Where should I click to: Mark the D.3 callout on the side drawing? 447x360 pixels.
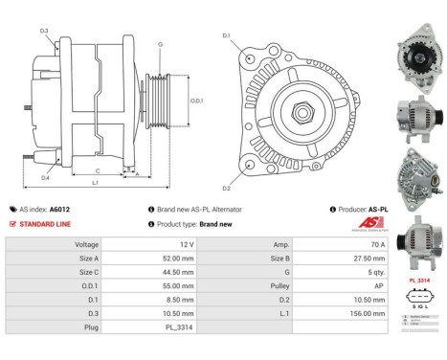(x=44, y=32)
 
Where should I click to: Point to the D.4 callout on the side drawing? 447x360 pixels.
(x=45, y=178)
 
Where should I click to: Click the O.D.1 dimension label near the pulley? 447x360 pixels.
(x=196, y=101)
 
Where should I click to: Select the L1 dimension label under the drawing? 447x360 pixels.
(x=96, y=181)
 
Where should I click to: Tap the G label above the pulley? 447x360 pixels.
(x=160, y=44)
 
